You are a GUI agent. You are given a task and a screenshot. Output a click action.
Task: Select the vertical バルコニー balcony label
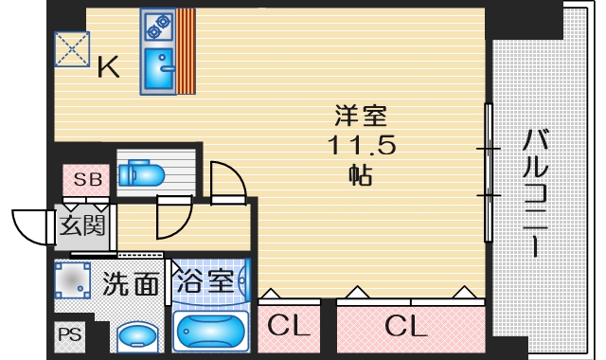click(x=536, y=194)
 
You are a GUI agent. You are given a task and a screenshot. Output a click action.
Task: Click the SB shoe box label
click(x=87, y=179)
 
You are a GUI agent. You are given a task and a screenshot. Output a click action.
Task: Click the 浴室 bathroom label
click(x=207, y=281)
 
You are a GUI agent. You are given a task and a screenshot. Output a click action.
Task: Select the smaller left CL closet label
click(x=289, y=328)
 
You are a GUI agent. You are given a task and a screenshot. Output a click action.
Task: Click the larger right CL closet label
click(x=406, y=328)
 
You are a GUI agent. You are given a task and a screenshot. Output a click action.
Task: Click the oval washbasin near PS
click(x=140, y=336)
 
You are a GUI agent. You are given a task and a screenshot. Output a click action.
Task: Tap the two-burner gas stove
click(x=156, y=27)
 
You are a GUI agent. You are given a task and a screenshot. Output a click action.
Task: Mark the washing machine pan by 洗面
click(x=74, y=281)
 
